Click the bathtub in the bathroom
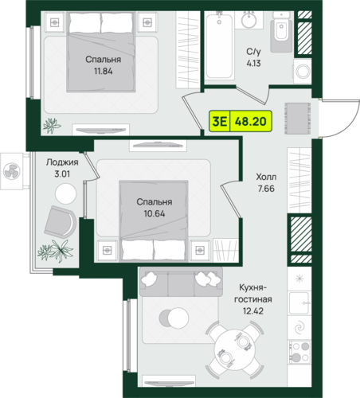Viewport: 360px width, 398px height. point(219,45)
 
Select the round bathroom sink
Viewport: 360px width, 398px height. point(249,19)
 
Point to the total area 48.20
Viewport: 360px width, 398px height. point(251,122)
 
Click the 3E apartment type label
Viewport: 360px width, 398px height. point(220,122)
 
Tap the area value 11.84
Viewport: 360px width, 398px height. point(103,72)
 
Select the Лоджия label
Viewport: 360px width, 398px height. point(62,162)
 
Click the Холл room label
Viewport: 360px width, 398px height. point(266,177)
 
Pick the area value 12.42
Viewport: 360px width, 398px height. point(253,311)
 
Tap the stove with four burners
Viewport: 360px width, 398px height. point(299,352)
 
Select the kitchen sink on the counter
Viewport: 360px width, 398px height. point(299,303)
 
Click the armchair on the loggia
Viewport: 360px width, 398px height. point(61,221)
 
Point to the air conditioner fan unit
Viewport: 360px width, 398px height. point(12,171)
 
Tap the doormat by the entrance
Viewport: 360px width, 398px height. point(298,119)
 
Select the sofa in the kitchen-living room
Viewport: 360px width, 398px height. point(181,282)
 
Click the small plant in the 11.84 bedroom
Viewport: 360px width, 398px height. point(52,126)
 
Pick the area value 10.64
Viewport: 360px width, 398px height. point(155,213)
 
